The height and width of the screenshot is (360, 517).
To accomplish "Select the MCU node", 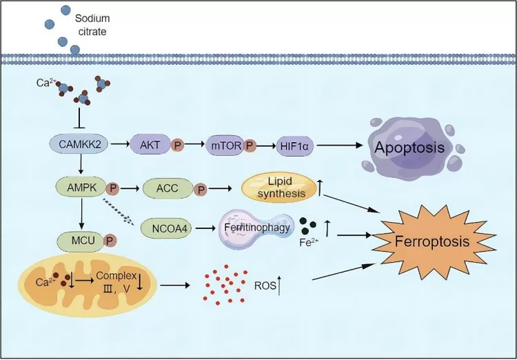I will pyautogui.click(x=78, y=241).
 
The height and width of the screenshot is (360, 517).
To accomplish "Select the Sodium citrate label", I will pyautogui.click(x=92, y=24).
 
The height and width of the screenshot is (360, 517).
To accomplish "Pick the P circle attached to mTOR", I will pyautogui.click(x=250, y=146).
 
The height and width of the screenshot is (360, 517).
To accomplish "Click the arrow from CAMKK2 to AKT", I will pyautogui.click(x=118, y=145).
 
